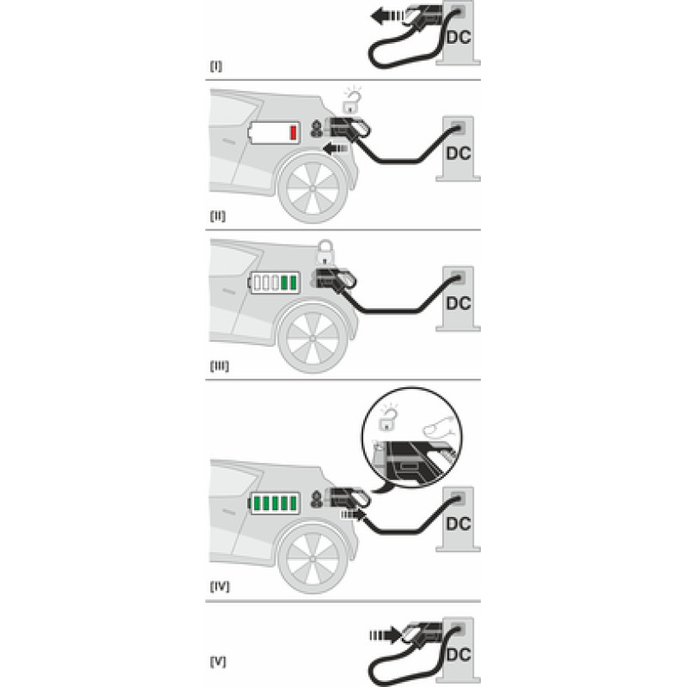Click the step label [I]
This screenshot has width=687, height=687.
(x=216, y=66)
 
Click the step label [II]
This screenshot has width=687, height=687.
(x=218, y=216)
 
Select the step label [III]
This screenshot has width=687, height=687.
(x=220, y=366)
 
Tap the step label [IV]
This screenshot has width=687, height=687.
(x=220, y=587)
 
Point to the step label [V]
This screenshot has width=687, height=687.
(x=218, y=661)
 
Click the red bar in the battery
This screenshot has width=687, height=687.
(x=293, y=132)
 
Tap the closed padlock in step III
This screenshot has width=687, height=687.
(x=325, y=252)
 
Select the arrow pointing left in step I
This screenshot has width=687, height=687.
(x=387, y=16)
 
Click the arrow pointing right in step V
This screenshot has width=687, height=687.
(x=385, y=635)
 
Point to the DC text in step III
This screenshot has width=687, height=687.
(x=459, y=303)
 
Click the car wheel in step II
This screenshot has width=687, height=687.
(x=313, y=188)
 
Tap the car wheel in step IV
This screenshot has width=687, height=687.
(x=313, y=559)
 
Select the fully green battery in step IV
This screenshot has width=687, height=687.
(x=274, y=503)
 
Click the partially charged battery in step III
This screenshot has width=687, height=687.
(x=274, y=283)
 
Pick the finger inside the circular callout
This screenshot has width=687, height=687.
(x=438, y=426)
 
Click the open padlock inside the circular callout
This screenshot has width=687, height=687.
(x=388, y=417)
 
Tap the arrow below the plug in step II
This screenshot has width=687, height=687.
(x=336, y=149)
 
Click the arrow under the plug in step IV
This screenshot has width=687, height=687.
(x=353, y=514)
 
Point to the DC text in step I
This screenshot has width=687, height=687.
(x=459, y=37)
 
